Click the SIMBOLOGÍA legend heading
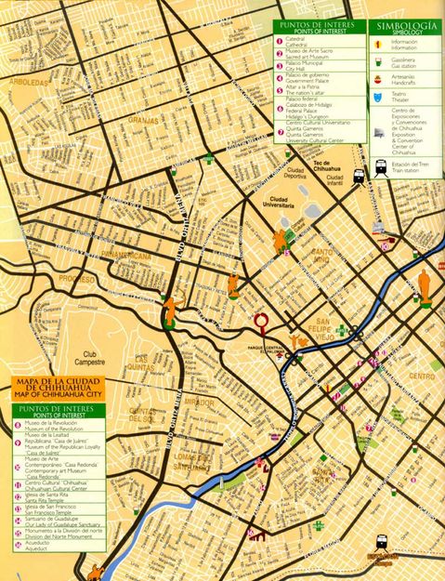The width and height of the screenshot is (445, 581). (x=406, y=27)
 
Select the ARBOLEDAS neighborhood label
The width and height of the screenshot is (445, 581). (x=28, y=108)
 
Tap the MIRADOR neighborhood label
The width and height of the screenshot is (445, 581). (x=199, y=403)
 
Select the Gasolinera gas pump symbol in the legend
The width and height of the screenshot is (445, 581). (x=377, y=59)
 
